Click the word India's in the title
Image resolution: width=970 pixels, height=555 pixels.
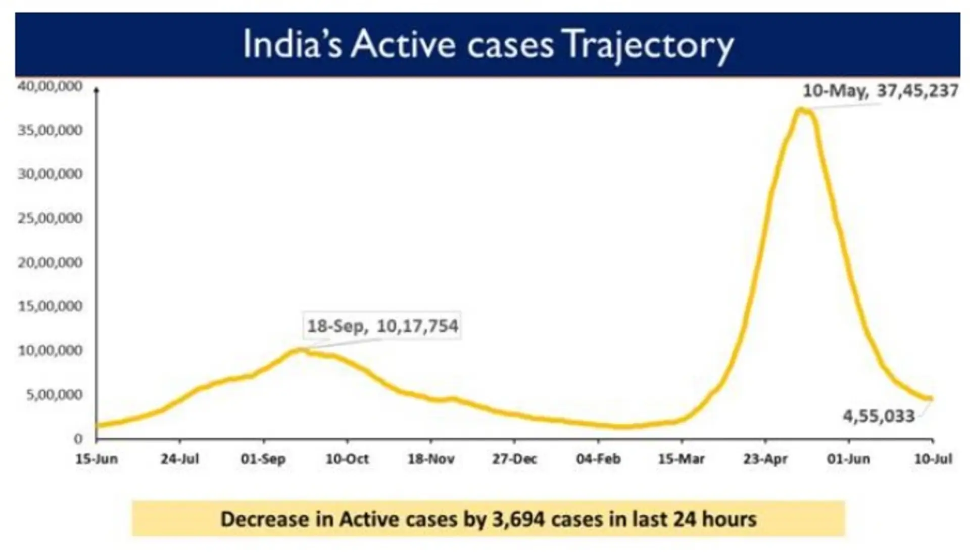293,44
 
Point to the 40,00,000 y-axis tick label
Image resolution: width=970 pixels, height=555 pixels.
50,86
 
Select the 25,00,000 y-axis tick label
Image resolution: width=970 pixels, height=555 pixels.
50,218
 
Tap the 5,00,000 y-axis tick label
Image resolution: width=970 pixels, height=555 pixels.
54,394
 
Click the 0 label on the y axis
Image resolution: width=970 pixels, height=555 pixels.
78,439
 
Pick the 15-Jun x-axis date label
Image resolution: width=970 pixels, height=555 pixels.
96,459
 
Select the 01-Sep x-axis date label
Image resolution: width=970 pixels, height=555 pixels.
263,459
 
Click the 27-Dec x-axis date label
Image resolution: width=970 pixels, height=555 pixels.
514,459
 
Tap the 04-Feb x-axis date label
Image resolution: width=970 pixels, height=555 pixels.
598,459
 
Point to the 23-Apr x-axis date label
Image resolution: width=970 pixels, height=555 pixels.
765,459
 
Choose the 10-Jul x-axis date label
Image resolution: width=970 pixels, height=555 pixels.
933,459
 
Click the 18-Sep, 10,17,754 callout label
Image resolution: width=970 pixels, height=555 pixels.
382,326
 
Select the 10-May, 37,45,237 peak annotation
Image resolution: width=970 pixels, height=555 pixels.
880,91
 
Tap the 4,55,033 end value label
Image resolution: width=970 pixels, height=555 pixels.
879,417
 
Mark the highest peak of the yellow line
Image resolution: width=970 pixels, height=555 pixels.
801,109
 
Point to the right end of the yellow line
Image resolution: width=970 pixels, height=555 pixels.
931,398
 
